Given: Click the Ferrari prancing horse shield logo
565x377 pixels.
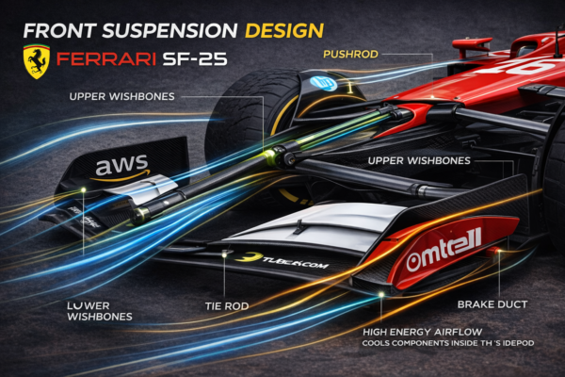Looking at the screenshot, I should click(x=37, y=61).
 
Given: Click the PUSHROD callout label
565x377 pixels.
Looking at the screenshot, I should click(x=351, y=54).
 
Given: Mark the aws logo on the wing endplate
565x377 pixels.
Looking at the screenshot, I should click(x=122, y=168).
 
